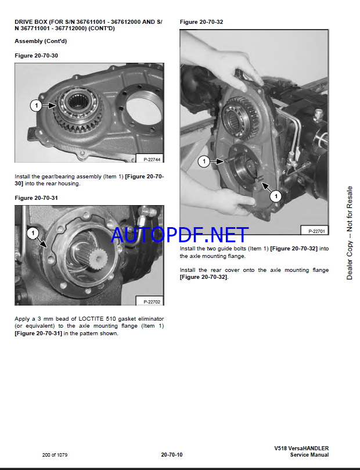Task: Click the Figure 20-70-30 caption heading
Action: click(x=36, y=55)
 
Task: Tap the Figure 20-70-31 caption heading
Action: click(x=36, y=198)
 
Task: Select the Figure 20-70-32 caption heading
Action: click(x=201, y=22)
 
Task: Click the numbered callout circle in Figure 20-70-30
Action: click(x=36, y=105)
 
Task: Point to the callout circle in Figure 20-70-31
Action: click(x=33, y=233)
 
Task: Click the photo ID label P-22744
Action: click(x=152, y=159)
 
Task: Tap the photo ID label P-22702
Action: click(x=152, y=302)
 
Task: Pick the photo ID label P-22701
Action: click(x=316, y=231)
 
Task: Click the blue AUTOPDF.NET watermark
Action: click(x=179, y=235)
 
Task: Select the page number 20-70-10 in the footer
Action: click(x=172, y=455)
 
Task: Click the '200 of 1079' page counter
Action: click(x=55, y=455)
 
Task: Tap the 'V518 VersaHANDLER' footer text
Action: click(x=301, y=448)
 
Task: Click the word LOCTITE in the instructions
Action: click(x=91, y=318)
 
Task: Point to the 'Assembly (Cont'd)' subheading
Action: click(x=41, y=41)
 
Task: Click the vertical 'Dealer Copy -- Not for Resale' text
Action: click(x=350, y=233)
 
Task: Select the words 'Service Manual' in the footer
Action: click(x=309, y=455)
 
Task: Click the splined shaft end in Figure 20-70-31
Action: click(x=99, y=258)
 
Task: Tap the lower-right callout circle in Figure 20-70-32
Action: click(x=276, y=196)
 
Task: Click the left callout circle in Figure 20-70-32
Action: click(x=204, y=162)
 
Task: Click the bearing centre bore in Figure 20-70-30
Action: click(x=78, y=102)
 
